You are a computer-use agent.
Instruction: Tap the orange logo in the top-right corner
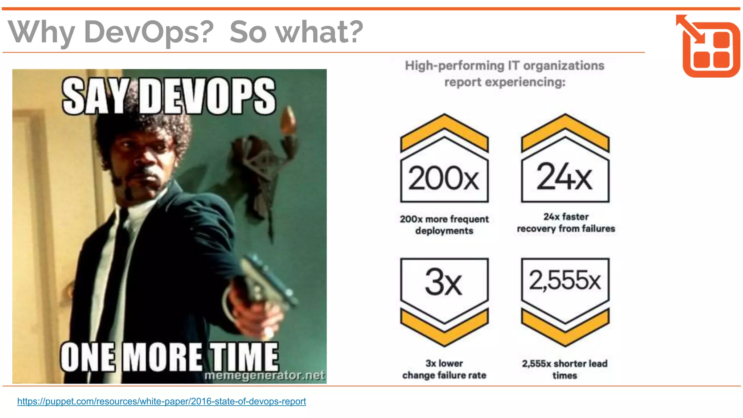(709, 46)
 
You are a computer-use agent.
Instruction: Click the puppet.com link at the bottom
(161, 401)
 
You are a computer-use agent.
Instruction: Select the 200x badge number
(444, 178)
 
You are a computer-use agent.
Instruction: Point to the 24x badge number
(565, 177)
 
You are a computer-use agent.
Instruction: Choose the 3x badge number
(443, 282)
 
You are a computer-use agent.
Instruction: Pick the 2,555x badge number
(565, 280)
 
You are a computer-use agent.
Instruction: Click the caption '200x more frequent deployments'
(444, 225)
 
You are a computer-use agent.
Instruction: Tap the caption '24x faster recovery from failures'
(566, 223)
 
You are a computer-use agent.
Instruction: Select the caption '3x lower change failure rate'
(444, 369)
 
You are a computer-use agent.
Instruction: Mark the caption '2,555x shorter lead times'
(565, 369)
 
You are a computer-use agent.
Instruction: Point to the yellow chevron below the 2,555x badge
(565, 327)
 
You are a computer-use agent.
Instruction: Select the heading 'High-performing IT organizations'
(504, 66)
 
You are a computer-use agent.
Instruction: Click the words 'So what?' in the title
(296, 32)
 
